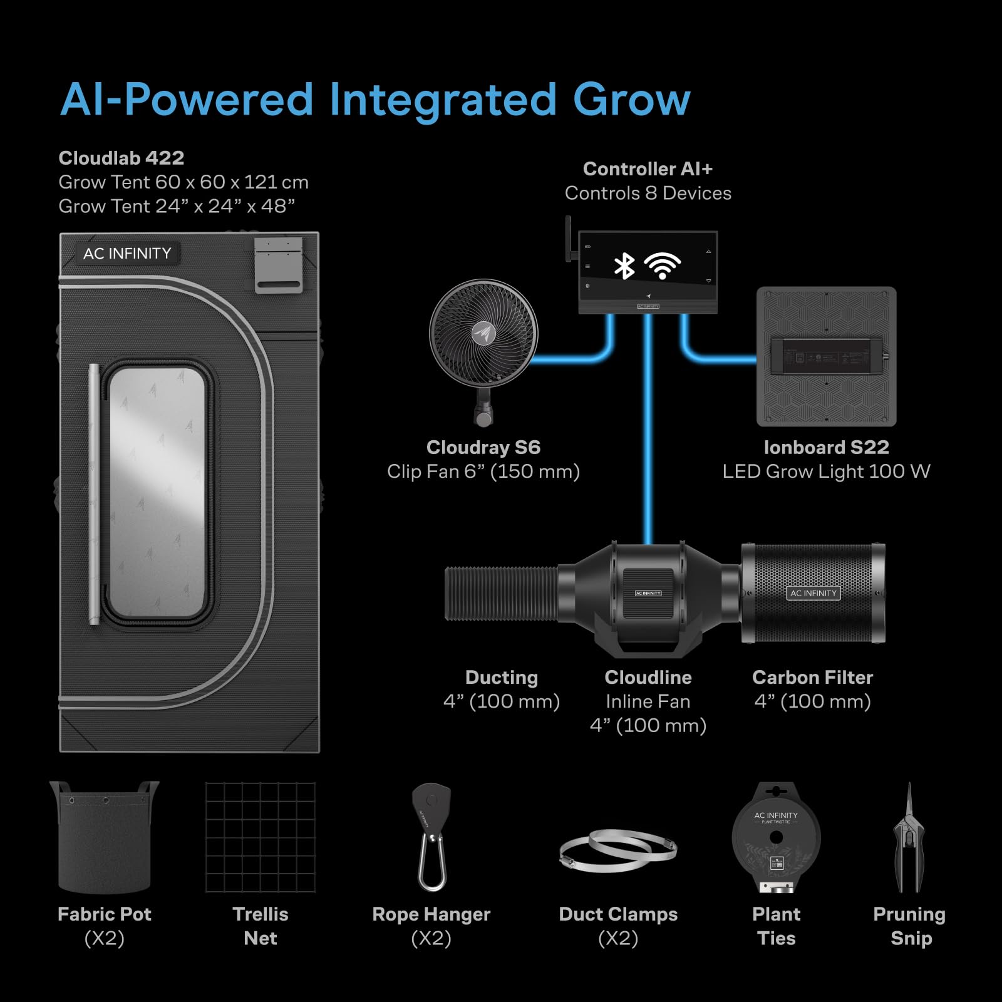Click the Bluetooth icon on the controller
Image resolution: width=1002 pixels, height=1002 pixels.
[x=624, y=266]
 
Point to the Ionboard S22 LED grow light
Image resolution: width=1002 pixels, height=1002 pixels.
[x=826, y=356]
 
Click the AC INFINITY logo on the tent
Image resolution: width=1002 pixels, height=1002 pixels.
[x=127, y=254]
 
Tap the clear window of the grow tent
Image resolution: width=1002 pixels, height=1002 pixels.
[x=157, y=492]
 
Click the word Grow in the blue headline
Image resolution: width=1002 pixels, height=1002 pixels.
[x=631, y=100]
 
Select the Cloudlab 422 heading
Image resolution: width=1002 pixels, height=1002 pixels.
[x=121, y=158]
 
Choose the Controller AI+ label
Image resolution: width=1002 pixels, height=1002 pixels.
[x=648, y=169]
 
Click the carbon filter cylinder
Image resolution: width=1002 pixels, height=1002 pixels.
[x=813, y=593]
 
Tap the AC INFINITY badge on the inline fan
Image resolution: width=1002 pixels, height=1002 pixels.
[x=648, y=593]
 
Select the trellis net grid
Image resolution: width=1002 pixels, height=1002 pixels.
[x=261, y=837]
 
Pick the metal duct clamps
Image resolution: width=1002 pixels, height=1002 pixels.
[x=618, y=850]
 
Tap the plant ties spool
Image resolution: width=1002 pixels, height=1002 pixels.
[x=776, y=838]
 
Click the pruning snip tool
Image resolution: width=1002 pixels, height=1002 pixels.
[x=909, y=839]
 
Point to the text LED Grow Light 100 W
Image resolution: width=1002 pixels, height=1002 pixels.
[x=826, y=472]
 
